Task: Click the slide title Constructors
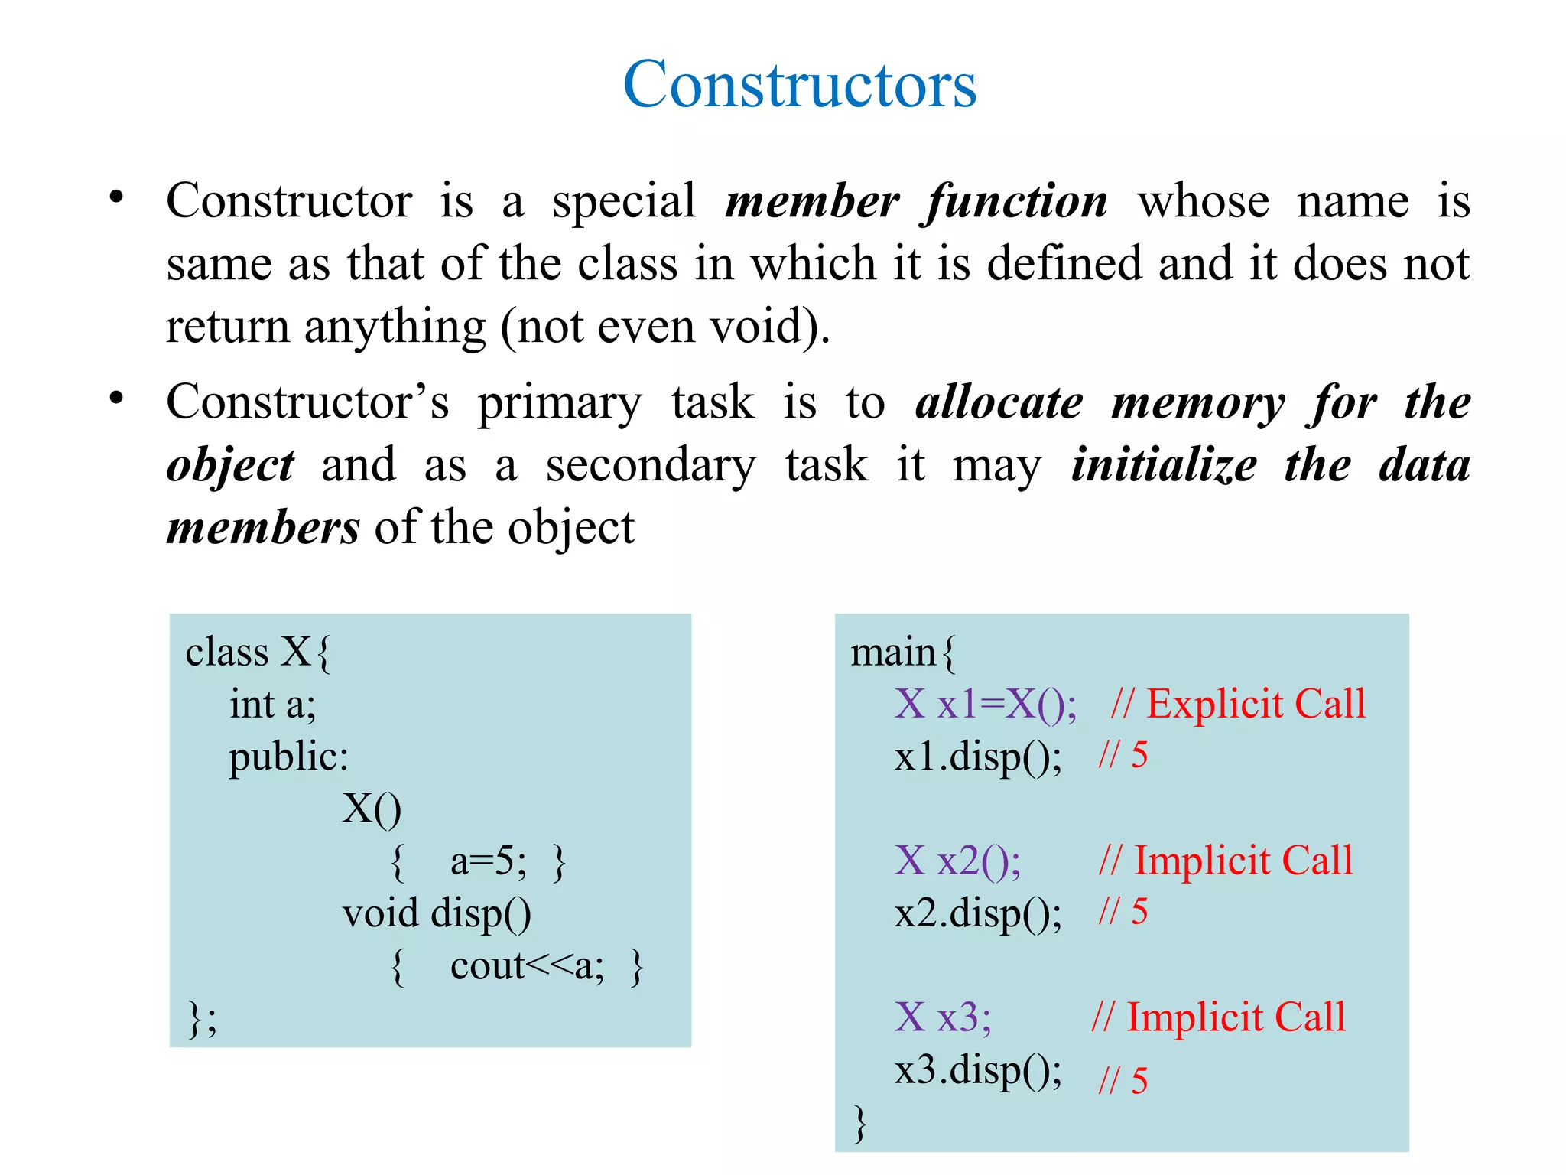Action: click(x=800, y=84)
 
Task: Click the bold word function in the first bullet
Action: click(x=1017, y=203)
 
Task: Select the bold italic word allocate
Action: click(x=999, y=403)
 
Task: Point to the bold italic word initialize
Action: click(x=1164, y=466)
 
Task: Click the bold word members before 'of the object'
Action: click(x=263, y=529)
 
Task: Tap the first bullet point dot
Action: click(x=116, y=197)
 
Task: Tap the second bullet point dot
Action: click(x=116, y=399)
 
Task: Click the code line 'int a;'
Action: click(x=273, y=705)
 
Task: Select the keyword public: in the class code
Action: click(x=288, y=757)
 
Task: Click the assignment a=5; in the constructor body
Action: click(x=488, y=862)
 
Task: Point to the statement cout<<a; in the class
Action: click(x=527, y=966)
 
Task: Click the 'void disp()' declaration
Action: click(x=437, y=914)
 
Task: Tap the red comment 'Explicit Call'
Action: click(x=1256, y=704)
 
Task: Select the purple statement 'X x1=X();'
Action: click(x=986, y=704)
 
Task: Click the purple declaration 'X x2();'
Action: click(x=957, y=861)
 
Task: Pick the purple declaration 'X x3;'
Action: click(x=943, y=1018)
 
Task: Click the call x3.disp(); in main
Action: click(x=978, y=1070)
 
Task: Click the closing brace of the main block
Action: click(x=860, y=1123)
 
